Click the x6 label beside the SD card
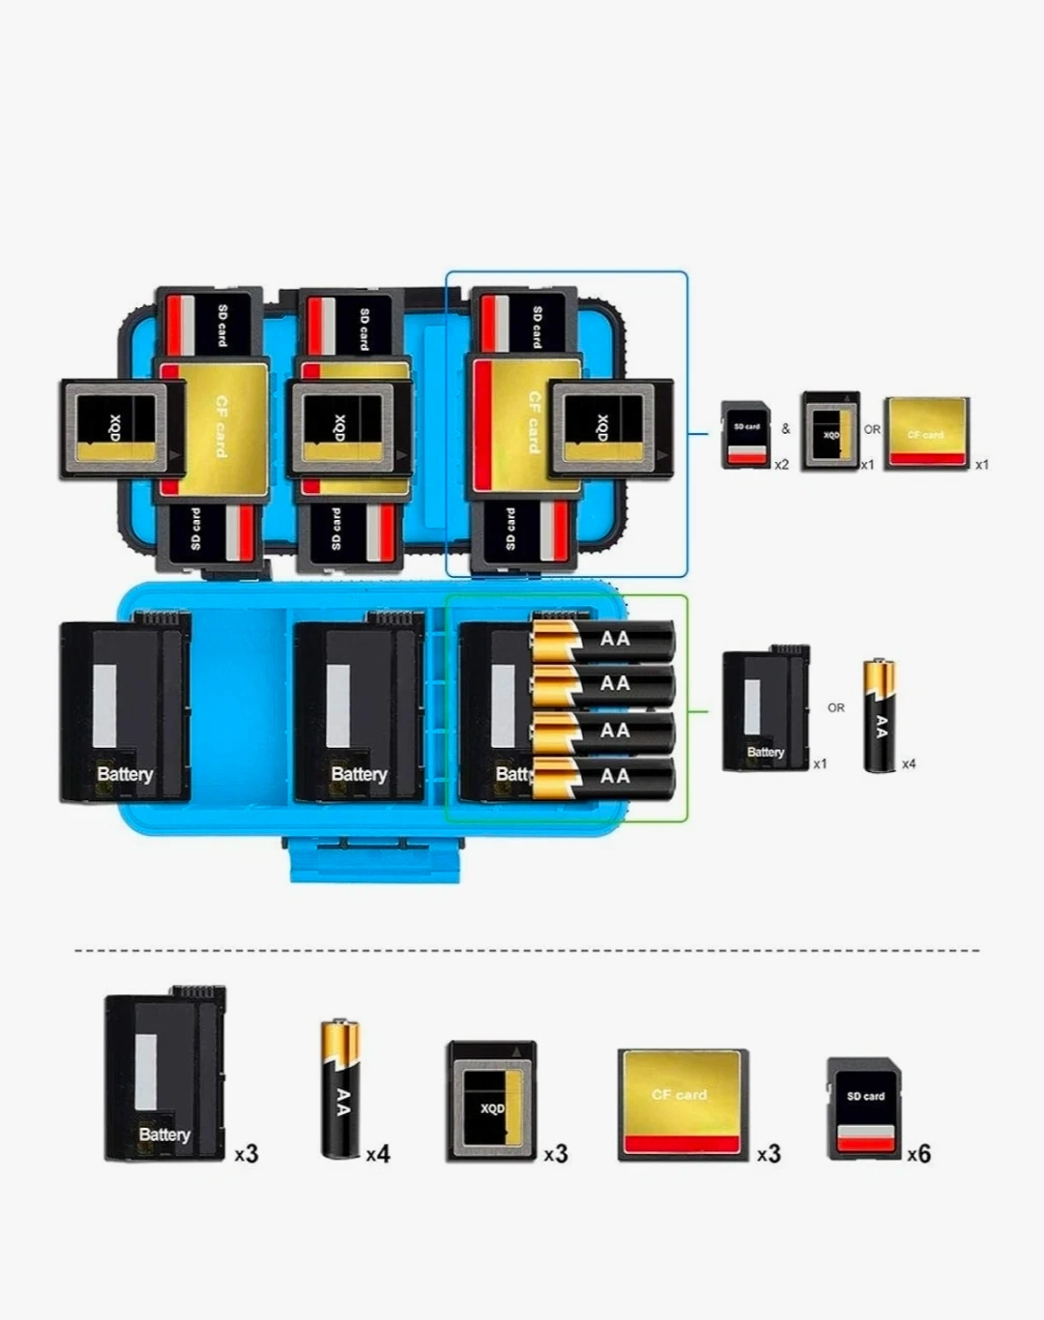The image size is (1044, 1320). pyautogui.click(x=918, y=1154)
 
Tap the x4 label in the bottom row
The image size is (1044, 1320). pyautogui.click(x=377, y=1154)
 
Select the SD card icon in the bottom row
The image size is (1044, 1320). pyautogui.click(x=864, y=1108)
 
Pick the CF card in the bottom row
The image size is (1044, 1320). pyautogui.click(x=682, y=1104)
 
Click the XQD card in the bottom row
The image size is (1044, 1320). pyautogui.click(x=492, y=1102)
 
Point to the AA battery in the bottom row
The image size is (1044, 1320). pyautogui.click(x=340, y=1087)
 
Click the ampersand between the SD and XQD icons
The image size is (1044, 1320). pyautogui.click(x=786, y=429)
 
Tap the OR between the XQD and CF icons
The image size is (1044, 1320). pyautogui.click(x=872, y=430)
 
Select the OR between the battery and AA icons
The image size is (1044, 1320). pyautogui.click(x=836, y=708)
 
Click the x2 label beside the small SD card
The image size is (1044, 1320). pyautogui.click(x=781, y=465)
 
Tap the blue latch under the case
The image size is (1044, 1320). pyautogui.click(x=374, y=860)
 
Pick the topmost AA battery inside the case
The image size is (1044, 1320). pyautogui.click(x=602, y=639)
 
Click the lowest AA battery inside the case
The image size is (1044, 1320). pyautogui.click(x=602, y=777)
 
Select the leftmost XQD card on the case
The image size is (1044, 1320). pyautogui.click(x=122, y=429)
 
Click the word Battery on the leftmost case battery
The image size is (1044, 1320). pyautogui.click(x=125, y=774)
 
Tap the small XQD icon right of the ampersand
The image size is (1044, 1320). pyautogui.click(x=830, y=431)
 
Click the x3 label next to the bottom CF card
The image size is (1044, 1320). pyautogui.click(x=768, y=1154)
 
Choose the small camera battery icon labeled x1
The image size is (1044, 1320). pyautogui.click(x=766, y=709)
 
